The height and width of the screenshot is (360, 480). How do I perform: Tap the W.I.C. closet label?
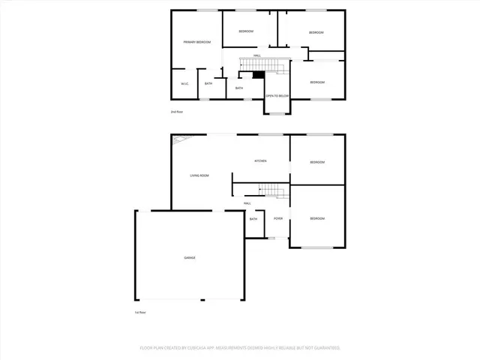point(184,83)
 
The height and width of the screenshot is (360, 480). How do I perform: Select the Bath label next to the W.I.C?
point(208,83)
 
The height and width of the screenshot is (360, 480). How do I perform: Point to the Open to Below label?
point(277,96)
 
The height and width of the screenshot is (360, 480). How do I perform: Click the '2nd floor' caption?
point(176,112)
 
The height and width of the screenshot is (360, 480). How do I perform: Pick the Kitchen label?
point(260,161)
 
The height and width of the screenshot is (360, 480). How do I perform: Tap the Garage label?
point(190,258)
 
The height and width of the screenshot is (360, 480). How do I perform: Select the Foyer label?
point(278,218)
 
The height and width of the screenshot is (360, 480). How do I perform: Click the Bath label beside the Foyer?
point(253,218)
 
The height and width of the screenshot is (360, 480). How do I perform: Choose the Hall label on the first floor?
point(247,203)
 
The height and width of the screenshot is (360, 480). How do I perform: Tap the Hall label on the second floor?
point(256,55)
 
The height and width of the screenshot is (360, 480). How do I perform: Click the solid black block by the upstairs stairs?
point(259,74)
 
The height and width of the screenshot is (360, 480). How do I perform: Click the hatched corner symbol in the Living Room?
point(180,139)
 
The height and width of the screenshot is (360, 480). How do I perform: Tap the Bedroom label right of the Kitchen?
point(317,161)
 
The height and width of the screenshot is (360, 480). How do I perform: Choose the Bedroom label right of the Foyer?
point(317,218)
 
